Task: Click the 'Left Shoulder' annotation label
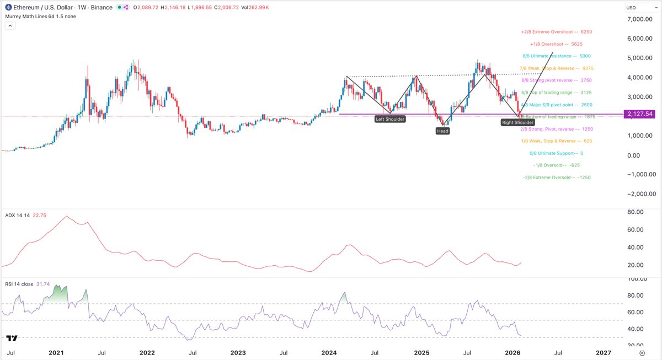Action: point(391,119)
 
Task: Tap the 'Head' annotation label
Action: point(442,131)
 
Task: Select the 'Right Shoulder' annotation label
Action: point(517,122)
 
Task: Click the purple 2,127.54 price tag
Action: point(638,114)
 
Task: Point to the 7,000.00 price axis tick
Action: point(640,19)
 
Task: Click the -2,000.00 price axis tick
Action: point(639,194)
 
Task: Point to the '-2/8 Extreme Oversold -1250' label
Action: point(556,178)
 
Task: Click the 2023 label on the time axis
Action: point(238,352)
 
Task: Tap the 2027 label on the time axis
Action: point(603,352)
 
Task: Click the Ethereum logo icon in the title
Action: point(8,7)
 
